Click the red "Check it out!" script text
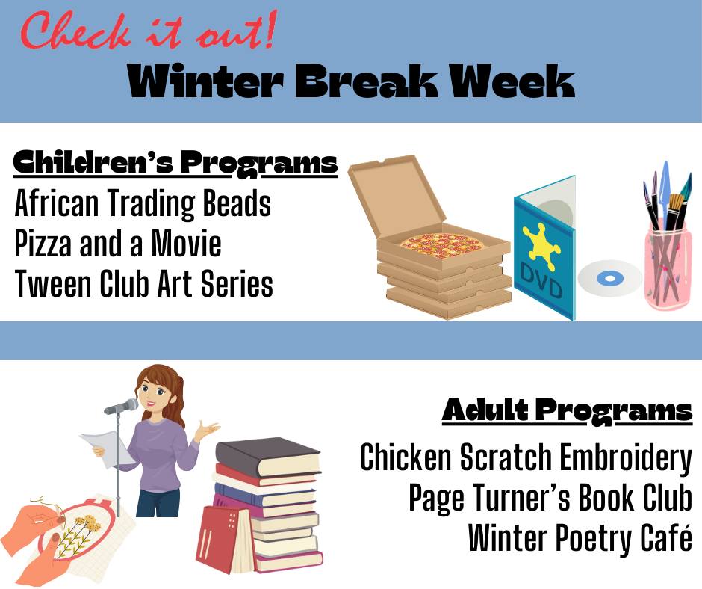(148, 31)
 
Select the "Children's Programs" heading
(175, 163)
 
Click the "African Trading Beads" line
(143, 203)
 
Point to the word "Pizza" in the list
(43, 244)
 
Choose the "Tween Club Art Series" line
(143, 284)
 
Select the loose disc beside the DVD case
(610, 278)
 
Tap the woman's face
(154, 396)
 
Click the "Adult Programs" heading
(568, 410)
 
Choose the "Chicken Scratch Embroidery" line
(526, 457)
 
